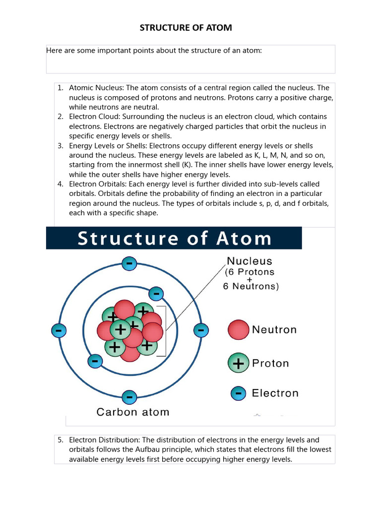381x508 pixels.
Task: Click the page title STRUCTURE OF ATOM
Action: click(x=186, y=27)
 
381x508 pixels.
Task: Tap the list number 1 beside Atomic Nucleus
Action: click(x=60, y=88)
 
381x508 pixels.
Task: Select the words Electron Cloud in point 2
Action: click(x=91, y=117)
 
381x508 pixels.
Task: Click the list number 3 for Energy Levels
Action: click(x=60, y=146)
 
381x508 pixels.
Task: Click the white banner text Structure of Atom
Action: click(x=175, y=239)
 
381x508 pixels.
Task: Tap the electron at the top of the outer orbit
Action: click(x=129, y=263)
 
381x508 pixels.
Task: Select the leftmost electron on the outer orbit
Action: click(x=59, y=330)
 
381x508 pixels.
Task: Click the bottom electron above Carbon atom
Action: click(x=129, y=397)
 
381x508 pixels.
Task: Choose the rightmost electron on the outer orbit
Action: click(x=200, y=330)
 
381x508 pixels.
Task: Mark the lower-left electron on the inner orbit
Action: click(x=94, y=361)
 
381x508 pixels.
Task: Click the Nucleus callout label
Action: click(x=250, y=261)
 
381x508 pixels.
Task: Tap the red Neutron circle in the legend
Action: click(x=239, y=330)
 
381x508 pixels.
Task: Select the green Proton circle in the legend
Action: click(x=239, y=364)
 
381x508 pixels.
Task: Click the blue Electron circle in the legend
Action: click(x=239, y=393)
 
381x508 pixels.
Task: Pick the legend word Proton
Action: click(x=270, y=364)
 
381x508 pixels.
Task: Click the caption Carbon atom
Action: click(x=132, y=412)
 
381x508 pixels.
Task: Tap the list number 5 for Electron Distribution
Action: click(x=60, y=440)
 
